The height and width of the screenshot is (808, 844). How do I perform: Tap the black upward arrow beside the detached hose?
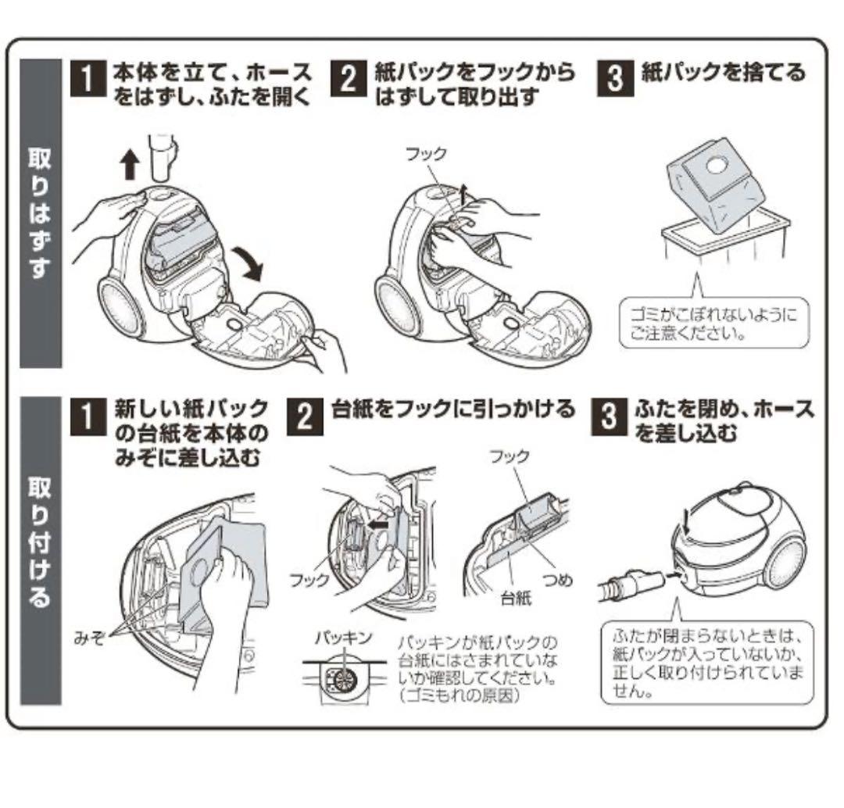[131, 165]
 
